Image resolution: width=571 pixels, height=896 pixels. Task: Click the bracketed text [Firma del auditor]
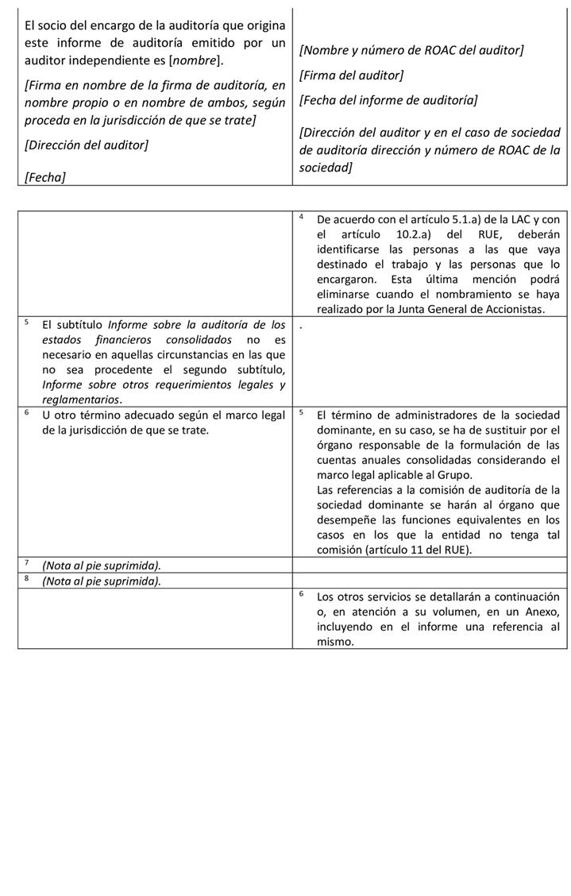[x=351, y=75]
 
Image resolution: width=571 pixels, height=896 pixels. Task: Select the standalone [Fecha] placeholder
[x=45, y=177]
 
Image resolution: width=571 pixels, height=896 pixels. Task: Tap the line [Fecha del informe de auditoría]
[x=388, y=100]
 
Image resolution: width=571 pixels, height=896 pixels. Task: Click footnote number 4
[x=302, y=216]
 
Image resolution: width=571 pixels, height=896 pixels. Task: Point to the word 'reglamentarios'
[x=80, y=400]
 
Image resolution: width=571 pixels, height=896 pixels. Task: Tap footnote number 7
[x=26, y=562]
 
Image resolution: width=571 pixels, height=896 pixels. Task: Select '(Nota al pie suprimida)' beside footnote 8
[x=101, y=581]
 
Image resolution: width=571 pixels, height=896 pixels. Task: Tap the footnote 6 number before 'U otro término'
[x=26, y=412]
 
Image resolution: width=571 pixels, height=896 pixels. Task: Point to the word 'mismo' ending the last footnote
[x=334, y=641]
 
